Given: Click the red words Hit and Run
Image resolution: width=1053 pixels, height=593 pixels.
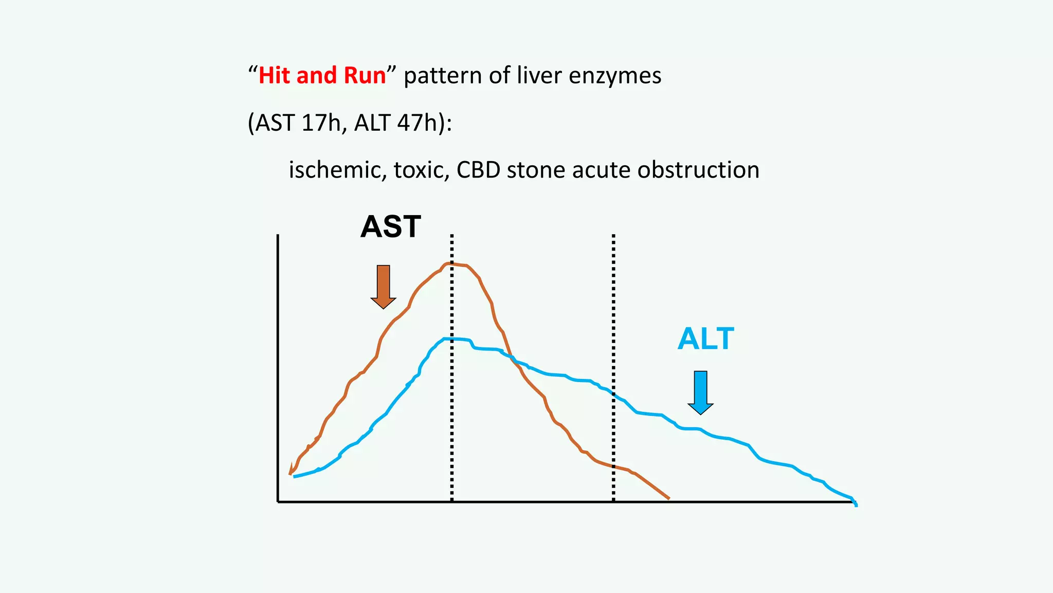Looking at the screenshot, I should pyautogui.click(x=322, y=76).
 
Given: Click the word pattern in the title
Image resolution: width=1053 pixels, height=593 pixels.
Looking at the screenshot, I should pyautogui.click(x=442, y=76).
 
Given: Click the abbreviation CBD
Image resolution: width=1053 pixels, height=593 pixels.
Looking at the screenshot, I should pyautogui.click(x=478, y=170).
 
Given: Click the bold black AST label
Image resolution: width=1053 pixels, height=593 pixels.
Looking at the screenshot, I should pyautogui.click(x=391, y=226).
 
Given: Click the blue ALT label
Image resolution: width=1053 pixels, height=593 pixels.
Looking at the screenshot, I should pyautogui.click(x=705, y=339).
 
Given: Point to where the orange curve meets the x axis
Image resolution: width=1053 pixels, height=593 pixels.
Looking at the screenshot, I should pyautogui.click(x=668, y=498).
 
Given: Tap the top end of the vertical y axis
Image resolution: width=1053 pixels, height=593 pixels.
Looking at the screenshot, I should pyautogui.click(x=278, y=236).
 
